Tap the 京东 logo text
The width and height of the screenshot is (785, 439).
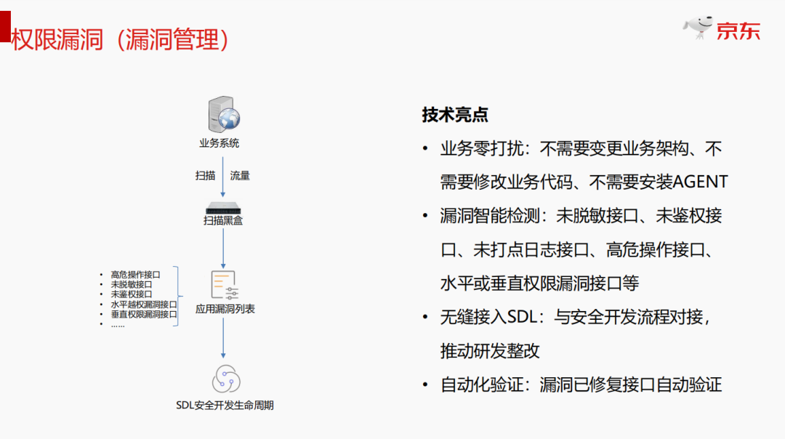tap(738, 31)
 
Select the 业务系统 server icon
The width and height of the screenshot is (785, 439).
tap(223, 115)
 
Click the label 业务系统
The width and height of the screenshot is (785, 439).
tap(220, 143)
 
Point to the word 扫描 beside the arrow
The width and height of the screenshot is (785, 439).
tap(205, 176)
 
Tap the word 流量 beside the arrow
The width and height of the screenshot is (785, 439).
tap(241, 176)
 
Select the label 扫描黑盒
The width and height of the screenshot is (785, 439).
tap(223, 219)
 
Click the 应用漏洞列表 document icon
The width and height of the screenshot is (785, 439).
tap(224, 284)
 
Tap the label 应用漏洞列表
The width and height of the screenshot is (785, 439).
tap(225, 309)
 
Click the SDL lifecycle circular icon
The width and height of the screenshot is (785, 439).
tap(225, 379)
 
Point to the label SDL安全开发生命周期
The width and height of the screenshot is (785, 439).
tap(225, 406)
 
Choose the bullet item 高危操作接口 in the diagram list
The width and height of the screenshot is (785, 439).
tap(135, 274)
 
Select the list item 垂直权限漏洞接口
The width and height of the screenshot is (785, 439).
tap(144, 315)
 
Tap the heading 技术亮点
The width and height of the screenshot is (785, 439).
tap(455, 115)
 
